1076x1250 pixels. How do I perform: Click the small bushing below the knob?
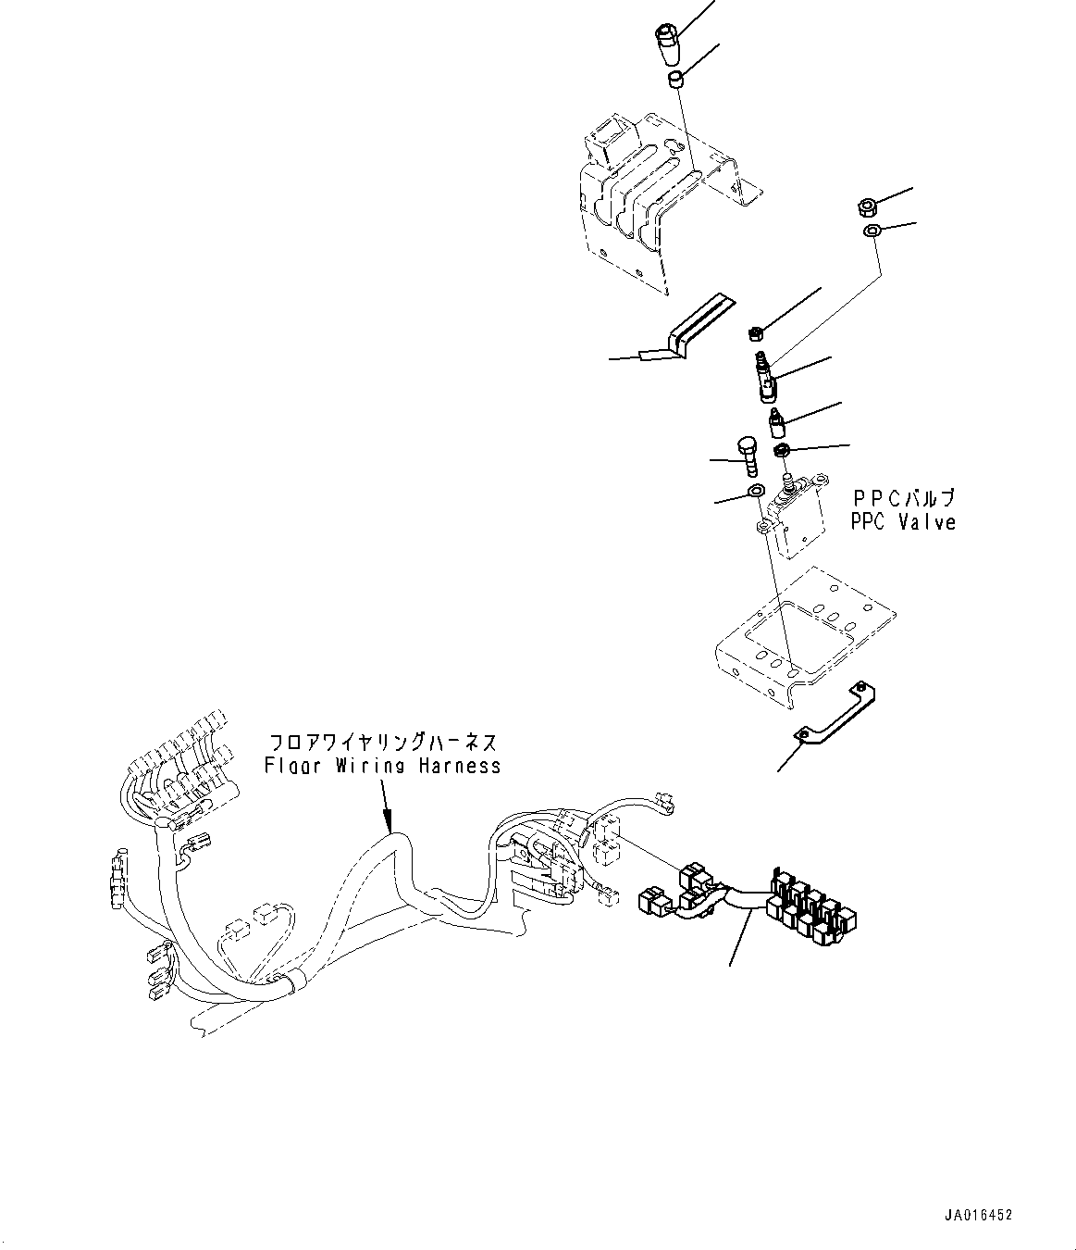(677, 81)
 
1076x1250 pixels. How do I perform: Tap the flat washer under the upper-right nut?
(871, 231)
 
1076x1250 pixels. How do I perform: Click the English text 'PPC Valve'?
(902, 522)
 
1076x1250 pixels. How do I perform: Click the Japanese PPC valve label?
(902, 499)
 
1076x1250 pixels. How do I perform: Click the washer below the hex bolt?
(754, 491)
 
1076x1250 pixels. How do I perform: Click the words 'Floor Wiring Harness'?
(382, 766)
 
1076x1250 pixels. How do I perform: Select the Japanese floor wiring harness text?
(382, 743)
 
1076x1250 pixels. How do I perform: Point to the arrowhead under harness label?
(388, 824)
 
